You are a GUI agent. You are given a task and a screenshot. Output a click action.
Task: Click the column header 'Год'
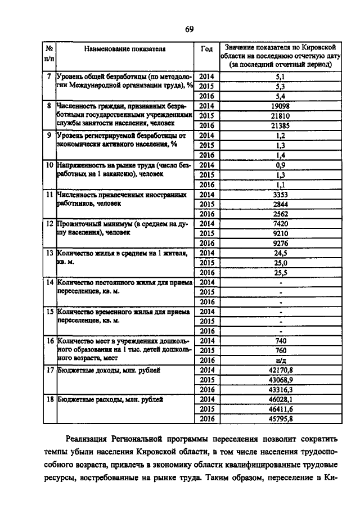pyautogui.click(x=206, y=49)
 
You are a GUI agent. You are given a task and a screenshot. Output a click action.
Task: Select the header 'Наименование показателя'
pyautogui.click(x=125, y=49)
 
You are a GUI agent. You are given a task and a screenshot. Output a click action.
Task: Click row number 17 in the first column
pyautogui.click(x=49, y=370)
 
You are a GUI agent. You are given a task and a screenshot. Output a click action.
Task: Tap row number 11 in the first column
pyautogui.click(x=49, y=195)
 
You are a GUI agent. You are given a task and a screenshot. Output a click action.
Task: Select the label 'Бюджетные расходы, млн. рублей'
pyautogui.click(x=110, y=399)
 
